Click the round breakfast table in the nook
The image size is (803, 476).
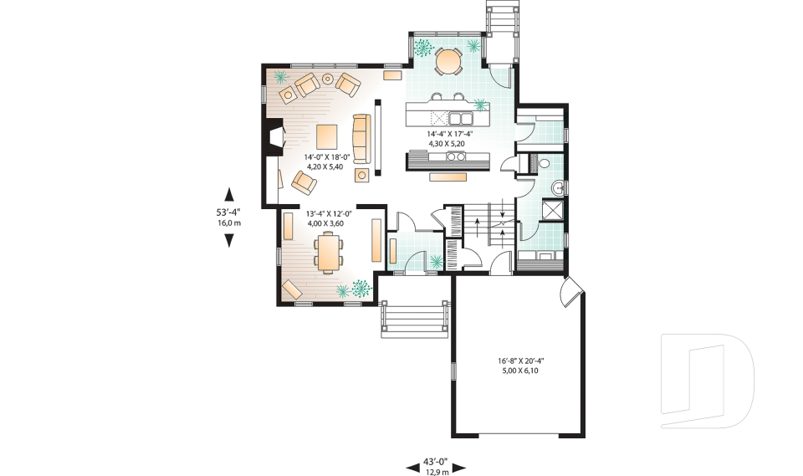(x=449, y=60)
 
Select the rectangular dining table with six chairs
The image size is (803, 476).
(x=329, y=252)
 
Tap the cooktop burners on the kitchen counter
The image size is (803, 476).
(x=456, y=156)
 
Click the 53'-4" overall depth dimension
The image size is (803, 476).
(x=228, y=212)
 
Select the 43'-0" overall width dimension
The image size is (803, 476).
(x=435, y=461)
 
